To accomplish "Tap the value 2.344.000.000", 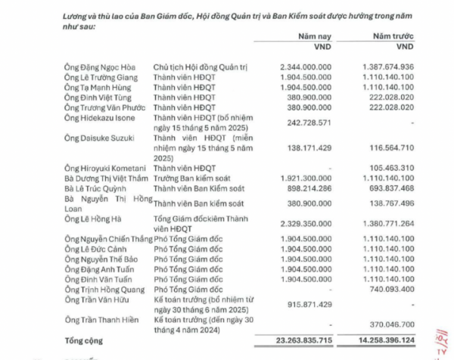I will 306,67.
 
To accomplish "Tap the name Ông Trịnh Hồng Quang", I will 107,289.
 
